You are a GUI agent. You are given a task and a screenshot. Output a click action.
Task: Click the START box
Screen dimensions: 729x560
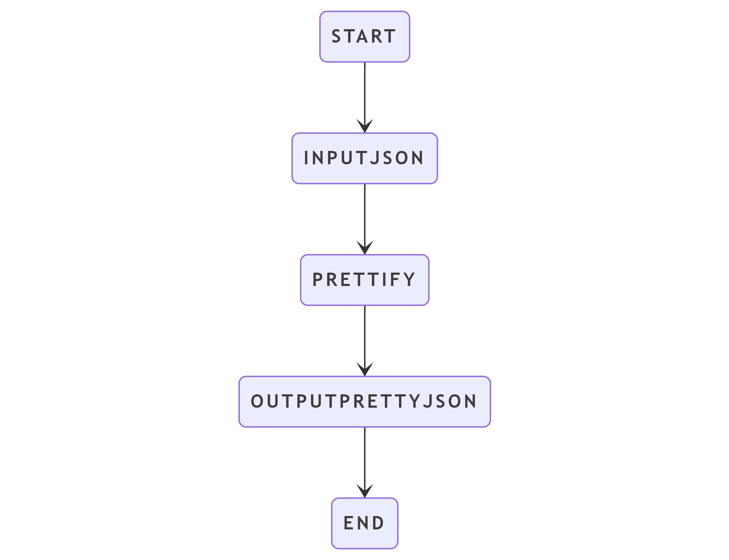pyautogui.click(x=364, y=37)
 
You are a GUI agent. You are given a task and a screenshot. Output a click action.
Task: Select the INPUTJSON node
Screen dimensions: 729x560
pyautogui.click(x=364, y=158)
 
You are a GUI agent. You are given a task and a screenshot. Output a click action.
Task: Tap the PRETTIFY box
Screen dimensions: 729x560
pyautogui.click(x=364, y=280)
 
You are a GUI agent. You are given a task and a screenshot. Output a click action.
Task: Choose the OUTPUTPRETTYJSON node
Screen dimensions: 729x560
pyautogui.click(x=364, y=402)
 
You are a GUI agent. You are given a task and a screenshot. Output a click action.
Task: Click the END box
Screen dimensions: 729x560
pyautogui.click(x=364, y=523)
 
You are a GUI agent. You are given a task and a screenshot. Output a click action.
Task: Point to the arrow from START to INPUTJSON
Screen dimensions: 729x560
pyautogui.click(x=365, y=97)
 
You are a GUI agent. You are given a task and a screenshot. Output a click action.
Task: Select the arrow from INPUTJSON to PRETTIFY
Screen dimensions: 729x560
pyautogui.click(x=365, y=219)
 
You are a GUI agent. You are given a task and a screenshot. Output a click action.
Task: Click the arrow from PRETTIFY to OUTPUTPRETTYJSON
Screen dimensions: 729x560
pyautogui.click(x=365, y=341)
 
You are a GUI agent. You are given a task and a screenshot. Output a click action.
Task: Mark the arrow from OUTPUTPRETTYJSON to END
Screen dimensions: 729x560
pyautogui.click(x=365, y=463)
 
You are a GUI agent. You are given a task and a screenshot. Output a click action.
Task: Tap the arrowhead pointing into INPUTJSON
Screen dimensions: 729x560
pyautogui.click(x=365, y=126)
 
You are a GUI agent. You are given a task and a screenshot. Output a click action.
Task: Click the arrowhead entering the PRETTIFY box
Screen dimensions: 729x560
pyautogui.click(x=365, y=248)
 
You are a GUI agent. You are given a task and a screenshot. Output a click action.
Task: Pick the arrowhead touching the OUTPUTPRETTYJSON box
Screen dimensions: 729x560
pyautogui.click(x=365, y=370)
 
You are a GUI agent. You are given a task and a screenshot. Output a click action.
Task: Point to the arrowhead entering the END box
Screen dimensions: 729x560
pyautogui.click(x=365, y=491)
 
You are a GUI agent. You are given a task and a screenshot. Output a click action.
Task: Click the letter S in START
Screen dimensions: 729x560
pyautogui.click(x=336, y=37)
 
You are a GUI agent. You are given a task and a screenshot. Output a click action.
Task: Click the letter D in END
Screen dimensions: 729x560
pyautogui.click(x=378, y=523)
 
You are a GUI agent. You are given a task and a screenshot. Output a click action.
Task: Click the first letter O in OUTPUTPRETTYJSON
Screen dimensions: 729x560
pyautogui.click(x=257, y=402)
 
